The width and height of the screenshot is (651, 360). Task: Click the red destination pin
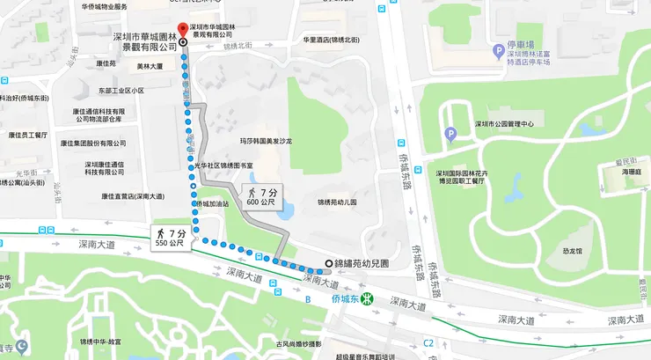point(182,29)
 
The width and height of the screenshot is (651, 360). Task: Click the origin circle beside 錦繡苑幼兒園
point(329,263)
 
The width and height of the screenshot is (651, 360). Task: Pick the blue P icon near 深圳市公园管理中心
point(451,134)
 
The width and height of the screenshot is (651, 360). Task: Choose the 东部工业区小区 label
point(121,91)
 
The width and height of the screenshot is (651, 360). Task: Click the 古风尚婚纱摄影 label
point(298,343)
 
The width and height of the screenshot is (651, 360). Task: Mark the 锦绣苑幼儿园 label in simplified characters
point(337,202)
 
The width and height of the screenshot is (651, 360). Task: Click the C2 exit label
point(428,342)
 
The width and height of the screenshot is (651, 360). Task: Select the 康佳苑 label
point(106,63)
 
